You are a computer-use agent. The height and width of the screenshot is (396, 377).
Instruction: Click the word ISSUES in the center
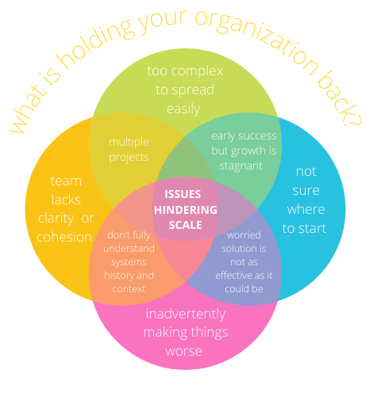(183, 194)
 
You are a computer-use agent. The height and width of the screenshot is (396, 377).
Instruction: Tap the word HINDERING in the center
(186, 210)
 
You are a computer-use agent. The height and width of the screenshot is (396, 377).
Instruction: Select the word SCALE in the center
(186, 225)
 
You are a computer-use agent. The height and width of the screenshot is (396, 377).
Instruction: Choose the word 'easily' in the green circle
(183, 109)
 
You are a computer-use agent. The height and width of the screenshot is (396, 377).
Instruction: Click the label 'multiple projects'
(129, 150)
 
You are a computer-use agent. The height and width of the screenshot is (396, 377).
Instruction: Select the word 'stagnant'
(241, 166)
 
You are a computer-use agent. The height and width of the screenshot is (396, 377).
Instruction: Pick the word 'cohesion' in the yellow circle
(64, 237)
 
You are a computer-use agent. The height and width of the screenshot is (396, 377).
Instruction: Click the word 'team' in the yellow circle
(66, 181)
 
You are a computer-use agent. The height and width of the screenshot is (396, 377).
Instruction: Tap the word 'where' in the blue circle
(306, 210)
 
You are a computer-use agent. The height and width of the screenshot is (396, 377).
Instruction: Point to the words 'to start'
(304, 229)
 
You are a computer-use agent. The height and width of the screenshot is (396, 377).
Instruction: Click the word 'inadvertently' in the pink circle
(186, 314)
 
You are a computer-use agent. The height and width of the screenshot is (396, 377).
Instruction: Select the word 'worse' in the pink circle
(184, 352)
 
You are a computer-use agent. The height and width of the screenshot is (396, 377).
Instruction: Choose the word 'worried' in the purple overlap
(244, 235)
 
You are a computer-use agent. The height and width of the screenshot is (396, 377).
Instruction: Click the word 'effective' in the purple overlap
(237, 276)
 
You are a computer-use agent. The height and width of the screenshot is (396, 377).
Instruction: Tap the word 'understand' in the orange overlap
(129, 249)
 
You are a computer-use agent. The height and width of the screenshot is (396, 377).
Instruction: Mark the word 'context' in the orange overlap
(129, 289)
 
